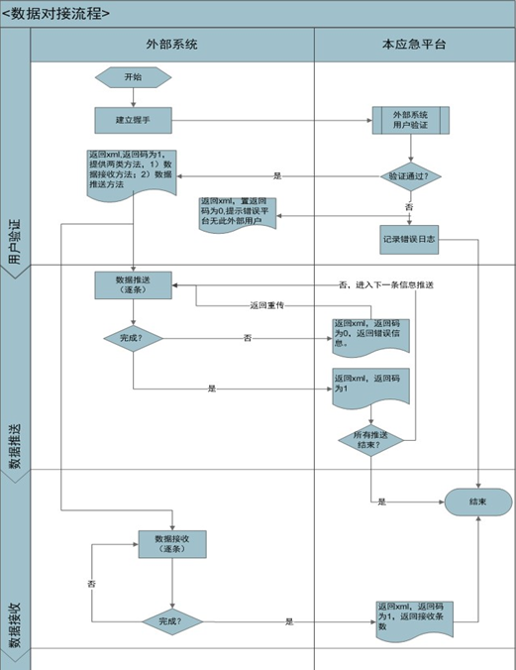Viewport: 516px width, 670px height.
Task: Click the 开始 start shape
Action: coord(132,77)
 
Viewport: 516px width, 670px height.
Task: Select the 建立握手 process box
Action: coord(132,120)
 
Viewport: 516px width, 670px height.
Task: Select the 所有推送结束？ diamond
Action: coord(370,439)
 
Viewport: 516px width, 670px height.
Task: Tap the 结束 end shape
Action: coord(479,502)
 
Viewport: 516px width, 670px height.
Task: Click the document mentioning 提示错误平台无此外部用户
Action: coord(238,212)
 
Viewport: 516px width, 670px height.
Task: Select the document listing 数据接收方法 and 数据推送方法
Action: coord(131,171)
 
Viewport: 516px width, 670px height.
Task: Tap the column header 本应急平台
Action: coord(413,46)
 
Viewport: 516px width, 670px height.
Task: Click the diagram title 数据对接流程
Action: coord(56,13)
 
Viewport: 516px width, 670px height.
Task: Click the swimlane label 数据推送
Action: coord(15,446)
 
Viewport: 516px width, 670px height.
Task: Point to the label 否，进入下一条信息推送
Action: coord(386,285)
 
